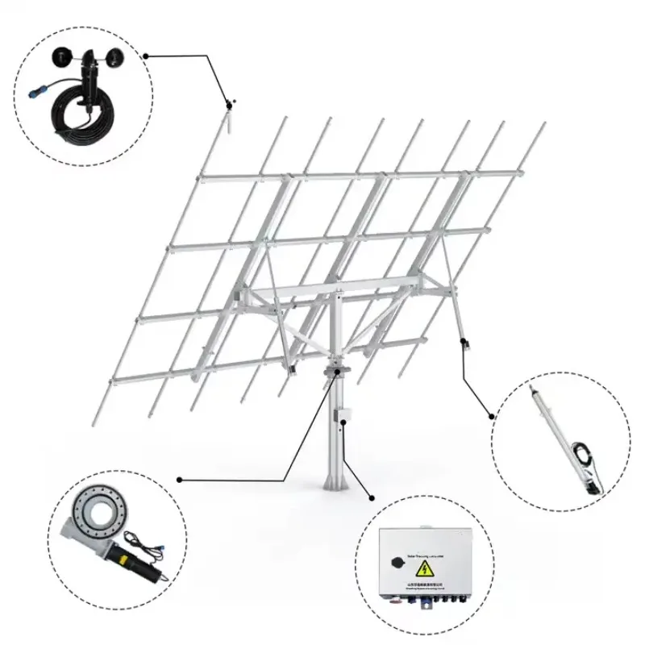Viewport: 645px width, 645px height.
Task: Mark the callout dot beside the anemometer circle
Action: click(146, 56)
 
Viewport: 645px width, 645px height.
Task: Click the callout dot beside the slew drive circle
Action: click(179, 480)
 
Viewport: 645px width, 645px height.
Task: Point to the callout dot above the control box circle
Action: click(372, 499)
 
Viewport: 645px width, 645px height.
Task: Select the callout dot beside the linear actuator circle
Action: click(492, 417)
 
